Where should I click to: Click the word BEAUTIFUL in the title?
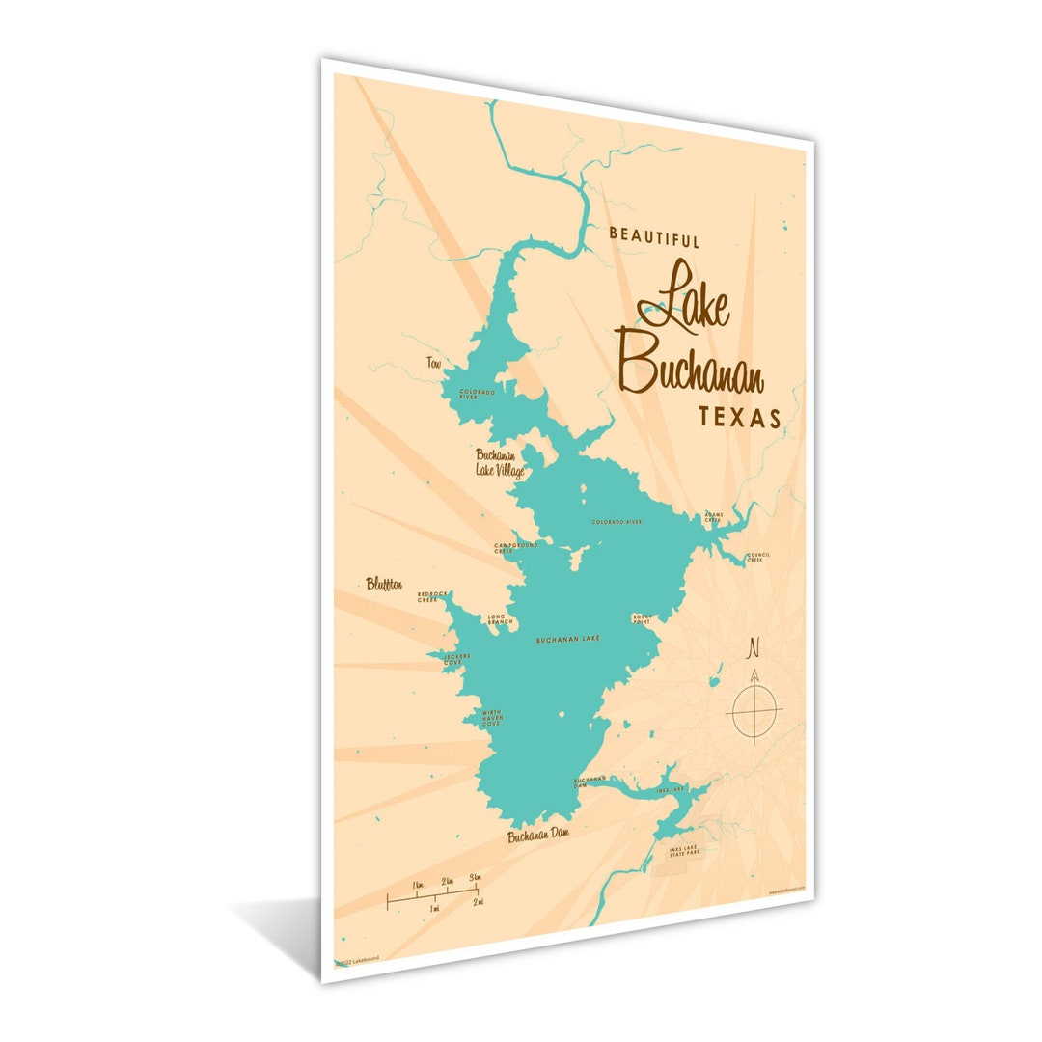pyautogui.click(x=654, y=237)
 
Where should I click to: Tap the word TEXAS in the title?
pyautogui.click(x=739, y=418)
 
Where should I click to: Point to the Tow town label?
pyautogui.click(x=433, y=363)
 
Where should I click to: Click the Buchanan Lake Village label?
pyautogui.click(x=499, y=463)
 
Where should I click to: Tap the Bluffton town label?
pyautogui.click(x=384, y=584)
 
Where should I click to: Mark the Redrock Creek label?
pyautogui.click(x=432, y=596)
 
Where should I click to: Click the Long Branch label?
pyautogui.click(x=500, y=619)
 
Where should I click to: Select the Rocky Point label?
pyautogui.click(x=643, y=617)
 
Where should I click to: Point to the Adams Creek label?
pyautogui.click(x=713, y=517)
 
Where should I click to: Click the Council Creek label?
pyautogui.click(x=757, y=558)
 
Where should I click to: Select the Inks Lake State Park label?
pyautogui.click(x=687, y=852)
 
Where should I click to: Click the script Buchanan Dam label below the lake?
pyautogui.click(x=538, y=836)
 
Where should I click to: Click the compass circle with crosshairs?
pyautogui.click(x=754, y=712)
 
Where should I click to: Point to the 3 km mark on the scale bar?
pyautogui.click(x=475, y=877)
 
